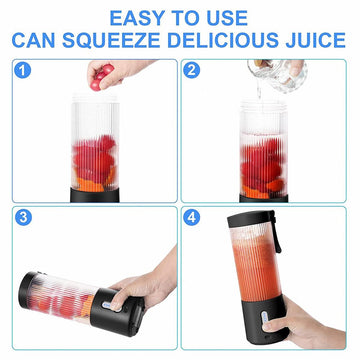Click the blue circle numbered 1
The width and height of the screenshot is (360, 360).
point(23,70)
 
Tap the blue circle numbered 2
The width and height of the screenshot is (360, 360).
point(192,70)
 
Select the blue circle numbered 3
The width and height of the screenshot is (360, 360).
point(23,217)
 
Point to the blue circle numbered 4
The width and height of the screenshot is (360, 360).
point(192,217)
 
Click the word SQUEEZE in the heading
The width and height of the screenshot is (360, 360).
point(111,40)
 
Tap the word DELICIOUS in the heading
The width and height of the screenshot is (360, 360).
point(223,40)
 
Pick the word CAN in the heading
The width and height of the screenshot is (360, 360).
point(33,40)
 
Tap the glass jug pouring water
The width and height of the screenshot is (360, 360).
point(277,74)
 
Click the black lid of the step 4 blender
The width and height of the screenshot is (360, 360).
point(251,217)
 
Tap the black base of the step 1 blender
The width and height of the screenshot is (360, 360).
point(95,195)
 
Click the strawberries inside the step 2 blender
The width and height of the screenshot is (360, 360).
point(263,167)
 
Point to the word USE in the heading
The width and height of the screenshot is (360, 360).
point(226,18)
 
